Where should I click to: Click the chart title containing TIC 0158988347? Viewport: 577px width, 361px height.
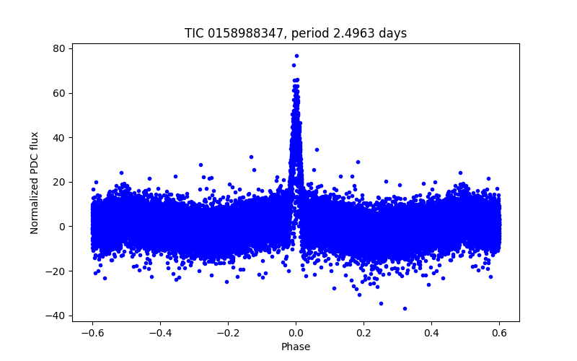pos(296,33)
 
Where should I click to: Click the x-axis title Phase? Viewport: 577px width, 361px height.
pos(296,347)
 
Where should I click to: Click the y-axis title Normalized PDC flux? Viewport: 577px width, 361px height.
pos(35,182)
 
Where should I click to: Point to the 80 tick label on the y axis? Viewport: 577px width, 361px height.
pos(58,48)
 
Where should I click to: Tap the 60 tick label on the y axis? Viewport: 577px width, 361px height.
pos(58,93)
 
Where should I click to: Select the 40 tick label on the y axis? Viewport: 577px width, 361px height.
pos(58,137)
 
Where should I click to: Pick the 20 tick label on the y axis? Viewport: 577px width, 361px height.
pos(58,182)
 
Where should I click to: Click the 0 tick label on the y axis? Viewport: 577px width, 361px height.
pos(61,227)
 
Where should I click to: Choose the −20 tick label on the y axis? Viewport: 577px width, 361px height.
pos(56,271)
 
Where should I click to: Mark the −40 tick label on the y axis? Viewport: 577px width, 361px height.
pos(56,316)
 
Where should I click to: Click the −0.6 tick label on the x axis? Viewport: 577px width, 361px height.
pos(92,333)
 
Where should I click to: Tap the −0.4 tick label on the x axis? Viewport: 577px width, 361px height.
pos(159,333)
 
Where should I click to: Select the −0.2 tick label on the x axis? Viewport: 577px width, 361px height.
pos(227,333)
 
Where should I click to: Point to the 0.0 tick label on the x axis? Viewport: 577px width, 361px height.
pos(296,333)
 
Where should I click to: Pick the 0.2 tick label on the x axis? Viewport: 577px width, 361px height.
pos(364,333)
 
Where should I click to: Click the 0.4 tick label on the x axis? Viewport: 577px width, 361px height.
pos(431,333)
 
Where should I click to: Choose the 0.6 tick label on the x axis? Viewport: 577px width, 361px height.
pos(499,333)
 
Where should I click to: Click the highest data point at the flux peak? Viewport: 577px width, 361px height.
pos(296,56)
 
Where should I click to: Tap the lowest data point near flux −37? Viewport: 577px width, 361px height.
pos(405,308)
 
